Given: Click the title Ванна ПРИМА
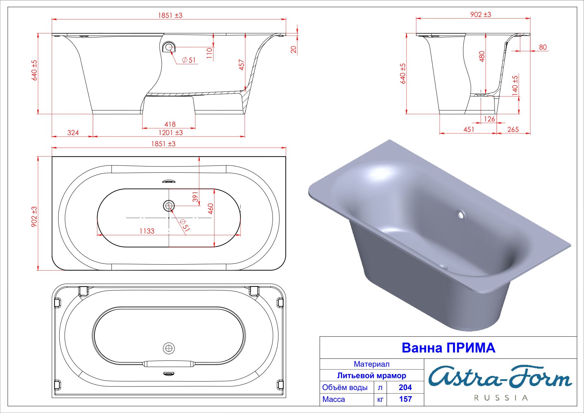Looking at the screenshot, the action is point(448,348).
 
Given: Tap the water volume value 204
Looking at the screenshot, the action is point(405,387).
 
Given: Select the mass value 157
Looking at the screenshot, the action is point(405,399).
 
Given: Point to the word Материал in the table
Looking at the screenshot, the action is point(371,364).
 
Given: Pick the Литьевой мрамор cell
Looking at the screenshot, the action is point(371,376).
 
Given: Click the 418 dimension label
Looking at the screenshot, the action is point(170,124).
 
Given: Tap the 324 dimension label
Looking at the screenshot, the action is point(73,132).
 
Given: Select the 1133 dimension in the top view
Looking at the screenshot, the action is point(147,231).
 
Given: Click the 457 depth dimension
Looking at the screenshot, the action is point(241,65).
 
